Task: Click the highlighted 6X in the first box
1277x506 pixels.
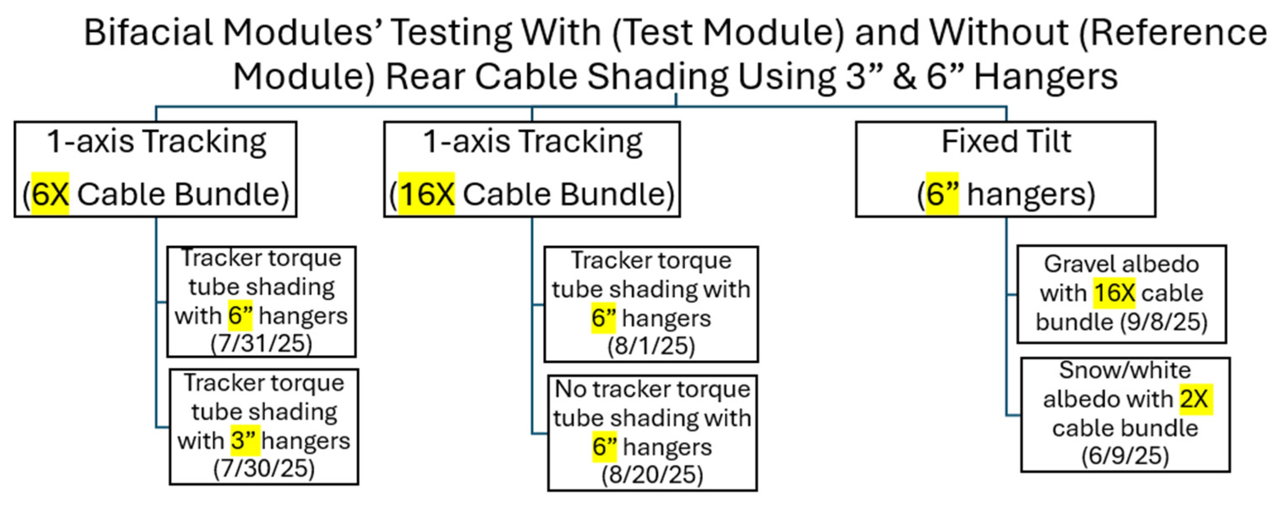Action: [x=50, y=194]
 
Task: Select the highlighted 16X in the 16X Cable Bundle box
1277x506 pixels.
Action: [x=426, y=194]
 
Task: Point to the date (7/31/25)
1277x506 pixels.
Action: [x=261, y=343]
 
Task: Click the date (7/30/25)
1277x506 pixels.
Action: [x=264, y=468]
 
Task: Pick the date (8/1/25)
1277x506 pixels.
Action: [x=651, y=346]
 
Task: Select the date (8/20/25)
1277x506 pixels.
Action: [x=652, y=475]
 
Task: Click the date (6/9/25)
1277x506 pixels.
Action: [x=1125, y=456]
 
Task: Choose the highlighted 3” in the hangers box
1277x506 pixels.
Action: [x=245, y=440]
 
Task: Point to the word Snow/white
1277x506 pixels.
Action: [x=1125, y=370]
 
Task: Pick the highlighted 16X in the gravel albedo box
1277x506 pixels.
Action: [x=1114, y=293]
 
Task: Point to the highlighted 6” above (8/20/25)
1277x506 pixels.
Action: [x=604, y=446]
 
